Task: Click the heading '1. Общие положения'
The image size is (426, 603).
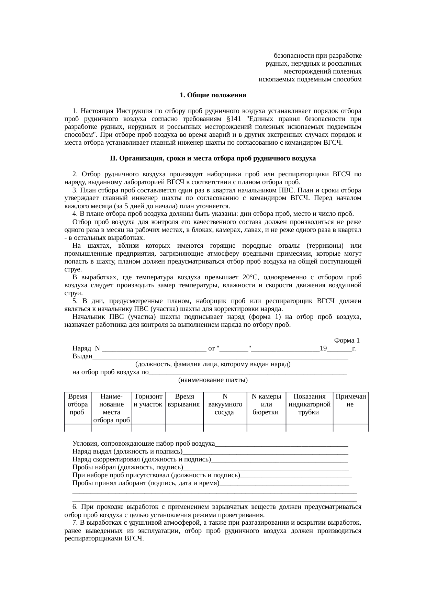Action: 213,95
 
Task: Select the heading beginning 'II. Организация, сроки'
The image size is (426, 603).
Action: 213,159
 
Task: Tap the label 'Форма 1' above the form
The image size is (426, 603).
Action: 347,340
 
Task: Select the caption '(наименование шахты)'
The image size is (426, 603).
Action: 213,380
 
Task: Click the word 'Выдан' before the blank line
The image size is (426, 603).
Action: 82,356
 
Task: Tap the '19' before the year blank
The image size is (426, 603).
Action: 323,348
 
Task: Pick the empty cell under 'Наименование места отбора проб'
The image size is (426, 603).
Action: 111,428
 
